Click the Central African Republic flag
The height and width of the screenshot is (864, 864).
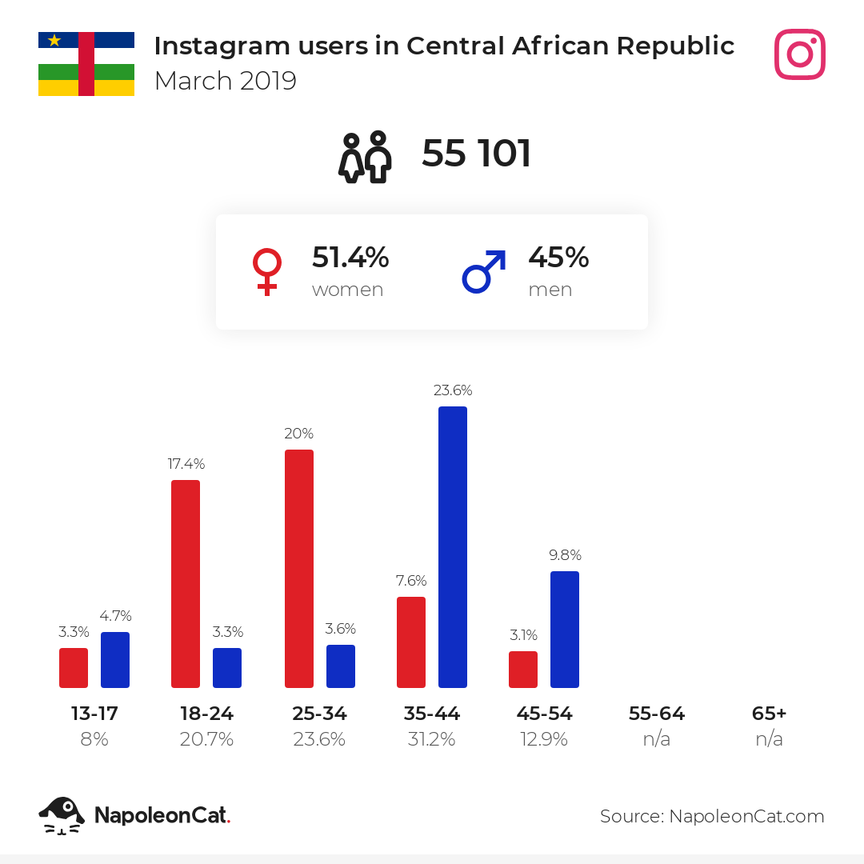[86, 64]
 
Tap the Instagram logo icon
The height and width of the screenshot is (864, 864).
[799, 54]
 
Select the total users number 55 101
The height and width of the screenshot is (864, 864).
[477, 154]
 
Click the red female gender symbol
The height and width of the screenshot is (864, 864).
[267, 271]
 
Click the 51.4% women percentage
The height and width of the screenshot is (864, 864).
[350, 258]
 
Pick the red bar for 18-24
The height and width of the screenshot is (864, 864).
[186, 583]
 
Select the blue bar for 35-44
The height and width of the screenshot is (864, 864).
[453, 546]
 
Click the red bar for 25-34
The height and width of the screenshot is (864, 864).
[299, 568]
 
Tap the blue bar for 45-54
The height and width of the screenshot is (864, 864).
[565, 629]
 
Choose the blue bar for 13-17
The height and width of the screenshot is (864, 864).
[115, 659]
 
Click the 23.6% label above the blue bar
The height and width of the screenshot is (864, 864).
[453, 390]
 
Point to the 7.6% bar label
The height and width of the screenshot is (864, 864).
[411, 581]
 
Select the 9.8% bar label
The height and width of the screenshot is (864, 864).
[565, 555]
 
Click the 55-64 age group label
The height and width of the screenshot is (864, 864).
[657, 714]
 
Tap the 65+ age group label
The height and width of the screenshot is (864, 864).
[770, 714]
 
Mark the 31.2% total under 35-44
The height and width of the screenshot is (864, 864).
[432, 739]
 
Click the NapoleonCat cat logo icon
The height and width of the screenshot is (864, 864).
[61, 815]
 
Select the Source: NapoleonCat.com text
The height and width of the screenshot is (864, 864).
[712, 816]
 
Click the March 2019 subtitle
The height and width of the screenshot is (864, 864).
[225, 81]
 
